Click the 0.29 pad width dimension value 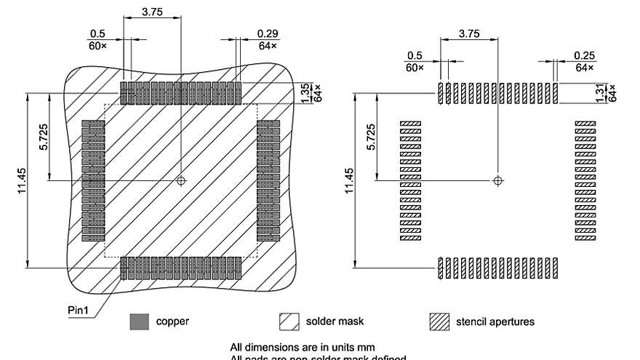(x=267, y=34)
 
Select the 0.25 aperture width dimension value (x=583, y=56)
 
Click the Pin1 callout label (x=79, y=310)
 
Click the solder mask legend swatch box (x=289, y=321)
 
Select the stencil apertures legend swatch (x=439, y=321)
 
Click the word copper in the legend (x=173, y=321)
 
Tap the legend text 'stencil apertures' (x=495, y=321)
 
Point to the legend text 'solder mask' (x=335, y=321)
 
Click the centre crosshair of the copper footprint (x=181, y=180)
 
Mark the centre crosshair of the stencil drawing (x=497, y=180)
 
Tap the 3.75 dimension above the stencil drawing (x=468, y=33)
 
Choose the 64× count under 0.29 (x=267, y=47)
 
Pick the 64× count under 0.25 (x=583, y=68)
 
